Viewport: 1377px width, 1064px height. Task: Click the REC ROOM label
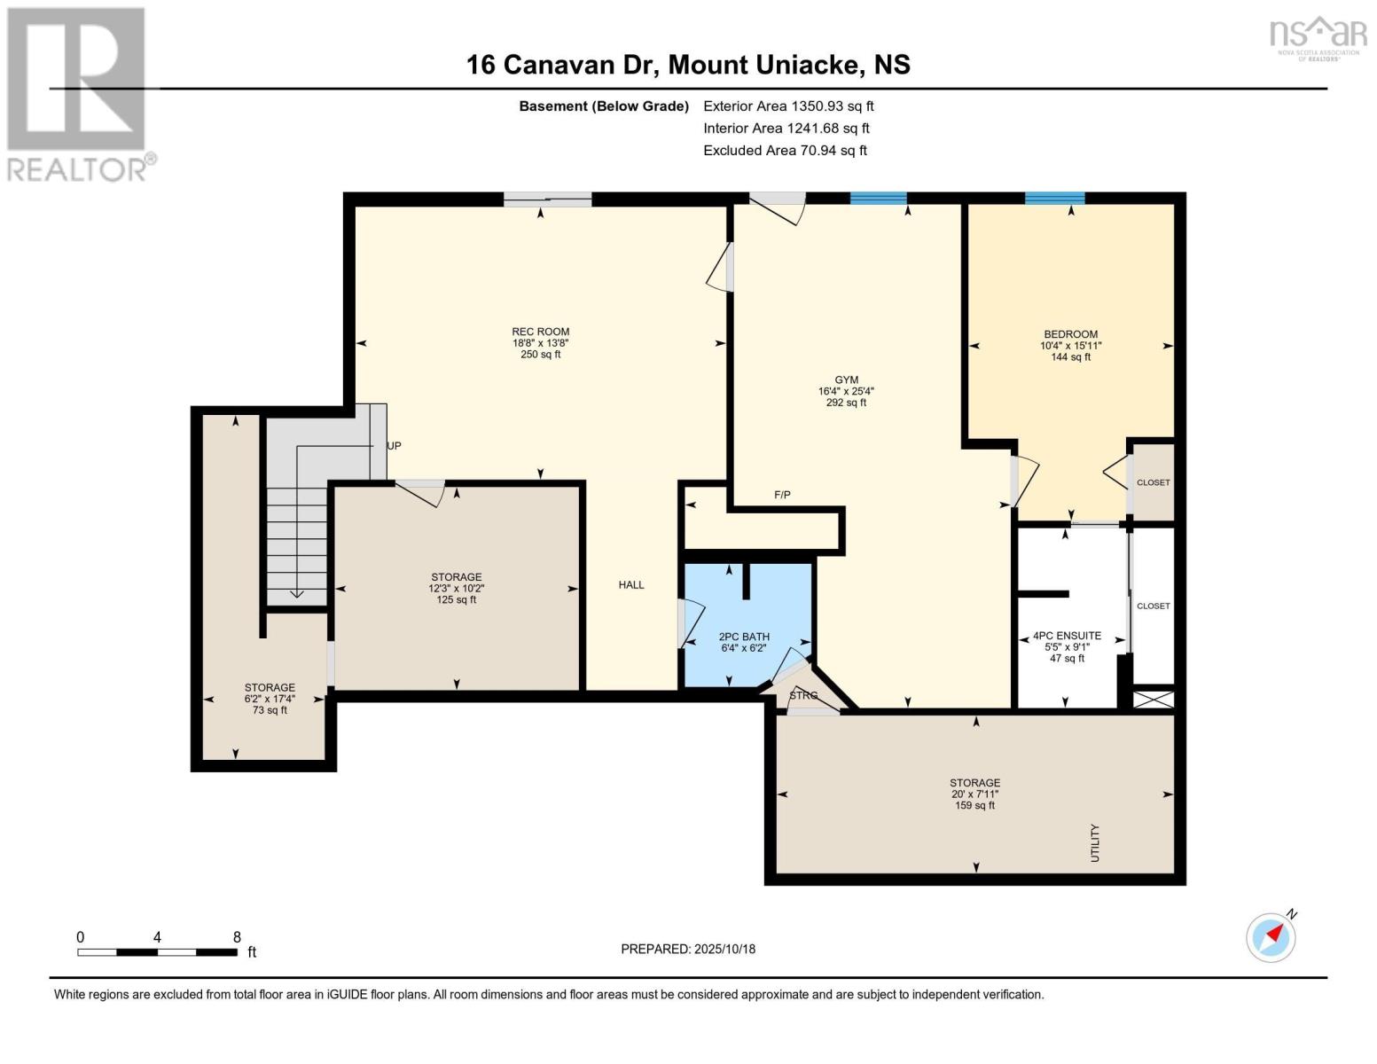tap(541, 332)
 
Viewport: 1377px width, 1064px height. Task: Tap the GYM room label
tap(846, 380)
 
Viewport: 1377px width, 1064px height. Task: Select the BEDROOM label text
tap(1071, 334)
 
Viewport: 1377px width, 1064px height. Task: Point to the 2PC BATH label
tap(744, 637)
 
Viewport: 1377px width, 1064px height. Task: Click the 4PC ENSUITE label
tap(1068, 636)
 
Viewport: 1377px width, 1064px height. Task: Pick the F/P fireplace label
tap(783, 495)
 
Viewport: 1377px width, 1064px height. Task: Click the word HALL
tap(631, 585)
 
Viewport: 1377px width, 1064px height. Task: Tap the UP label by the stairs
tap(395, 446)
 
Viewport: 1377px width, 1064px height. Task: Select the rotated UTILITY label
tap(1095, 843)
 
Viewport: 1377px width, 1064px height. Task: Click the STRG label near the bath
tap(803, 696)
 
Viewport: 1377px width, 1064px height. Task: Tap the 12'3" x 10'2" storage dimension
tap(457, 589)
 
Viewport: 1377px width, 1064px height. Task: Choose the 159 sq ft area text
tap(974, 805)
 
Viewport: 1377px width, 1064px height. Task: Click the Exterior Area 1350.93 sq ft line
tap(788, 106)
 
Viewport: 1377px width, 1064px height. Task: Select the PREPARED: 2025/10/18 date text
tap(688, 950)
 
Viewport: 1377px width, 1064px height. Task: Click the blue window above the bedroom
tap(1055, 199)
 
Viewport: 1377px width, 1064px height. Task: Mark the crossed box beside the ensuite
tap(1154, 700)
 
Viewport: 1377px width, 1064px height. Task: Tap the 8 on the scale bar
tap(237, 937)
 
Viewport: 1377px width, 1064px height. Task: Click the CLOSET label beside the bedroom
tap(1154, 482)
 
